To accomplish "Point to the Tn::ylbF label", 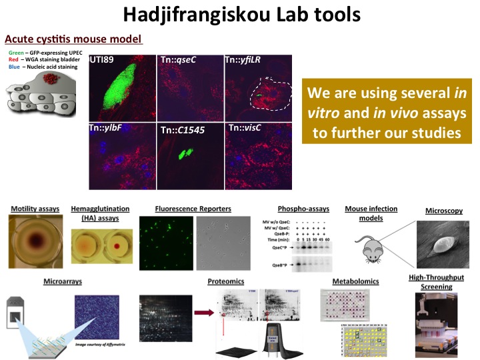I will [111, 127].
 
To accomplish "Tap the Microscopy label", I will [444, 211].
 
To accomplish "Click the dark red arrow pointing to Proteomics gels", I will [203, 311].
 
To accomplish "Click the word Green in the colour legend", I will [17, 51].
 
